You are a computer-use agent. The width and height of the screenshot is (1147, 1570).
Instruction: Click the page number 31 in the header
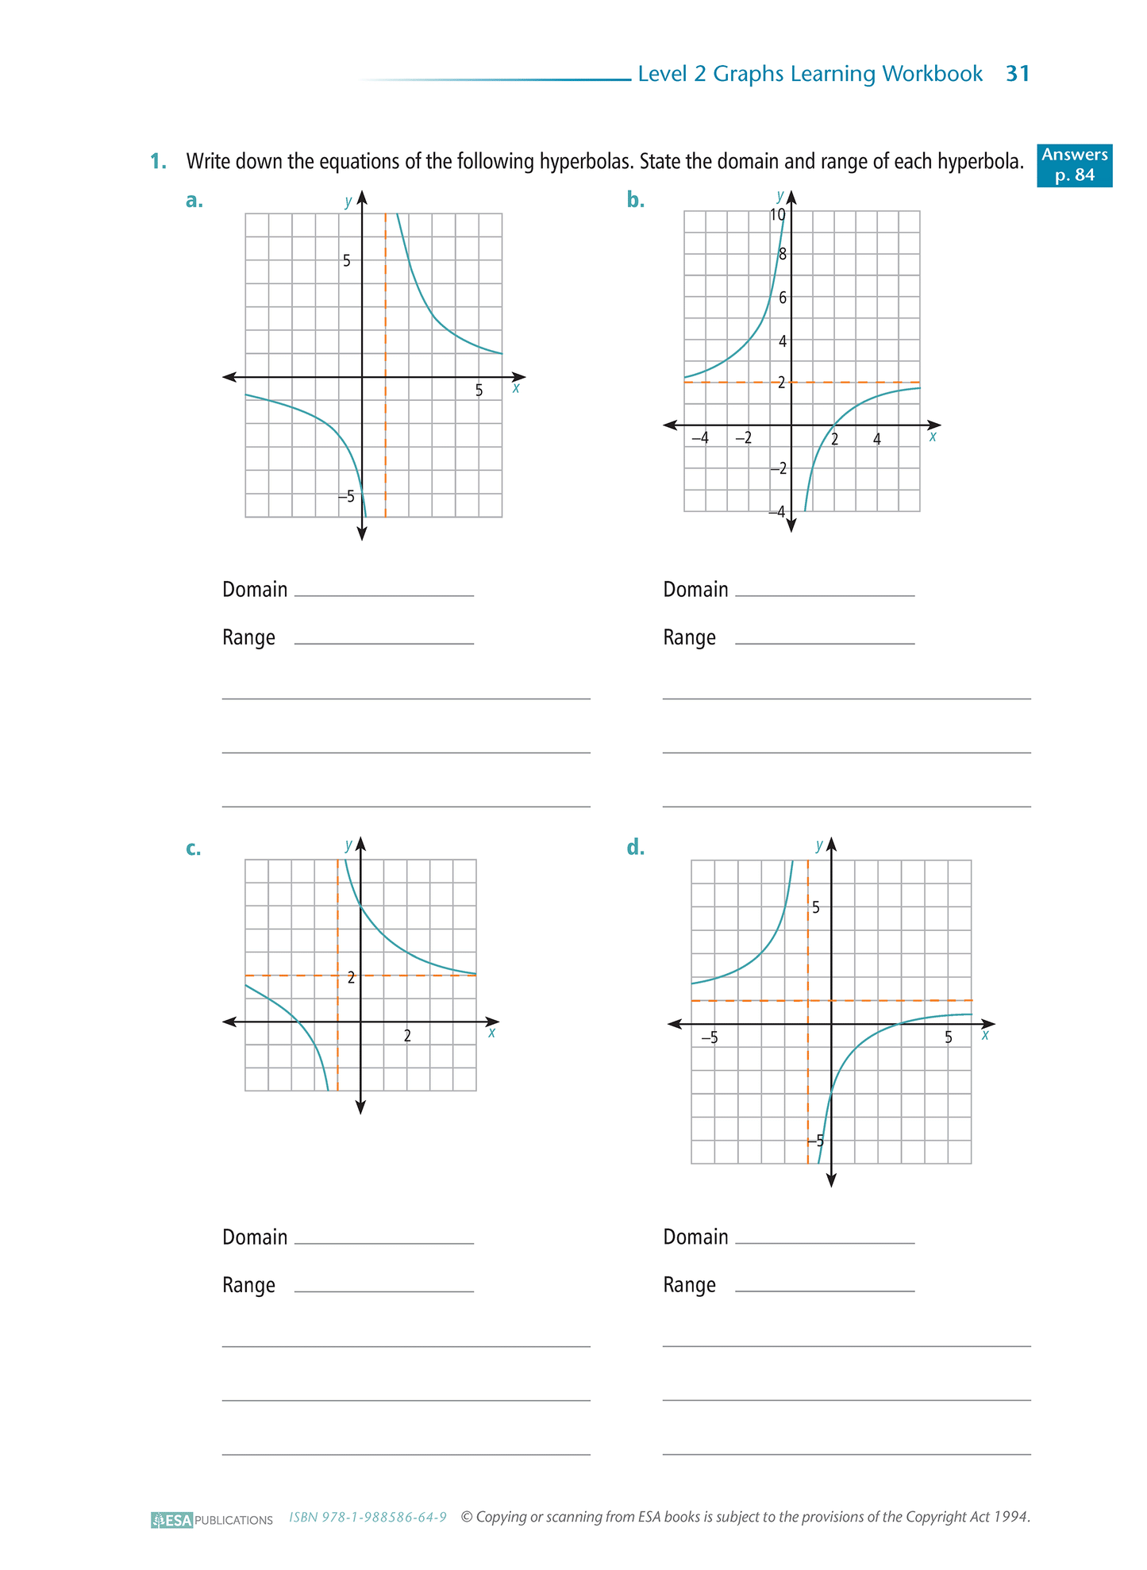pyautogui.click(x=1018, y=74)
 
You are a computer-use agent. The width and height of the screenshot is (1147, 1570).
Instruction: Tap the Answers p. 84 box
pyautogui.click(x=1074, y=165)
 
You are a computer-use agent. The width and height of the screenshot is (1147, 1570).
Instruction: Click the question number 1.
pyautogui.click(x=158, y=162)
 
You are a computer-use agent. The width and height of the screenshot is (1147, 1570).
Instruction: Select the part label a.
pyautogui.click(x=194, y=201)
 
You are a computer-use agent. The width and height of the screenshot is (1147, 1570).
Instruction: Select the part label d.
pyautogui.click(x=635, y=848)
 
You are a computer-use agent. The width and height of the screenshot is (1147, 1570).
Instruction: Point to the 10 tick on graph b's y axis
pyautogui.click(x=777, y=215)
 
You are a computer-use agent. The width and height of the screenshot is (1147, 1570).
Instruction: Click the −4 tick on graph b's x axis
pyautogui.click(x=699, y=438)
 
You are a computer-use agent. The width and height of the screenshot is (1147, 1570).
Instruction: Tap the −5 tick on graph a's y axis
pyautogui.click(x=346, y=497)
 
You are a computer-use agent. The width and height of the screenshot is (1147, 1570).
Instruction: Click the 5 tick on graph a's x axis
pyautogui.click(x=479, y=391)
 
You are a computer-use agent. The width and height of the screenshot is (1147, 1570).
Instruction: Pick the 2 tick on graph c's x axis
pyautogui.click(x=407, y=1036)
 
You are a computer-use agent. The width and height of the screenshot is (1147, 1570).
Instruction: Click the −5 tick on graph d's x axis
pyautogui.click(x=709, y=1037)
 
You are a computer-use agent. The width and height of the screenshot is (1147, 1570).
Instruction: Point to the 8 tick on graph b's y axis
pyautogui.click(x=783, y=255)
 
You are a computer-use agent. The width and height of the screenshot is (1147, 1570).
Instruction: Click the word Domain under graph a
pyautogui.click(x=255, y=590)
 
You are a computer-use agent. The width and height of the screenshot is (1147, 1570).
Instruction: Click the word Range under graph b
pyautogui.click(x=689, y=638)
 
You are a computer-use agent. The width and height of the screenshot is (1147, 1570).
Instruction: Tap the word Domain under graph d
pyautogui.click(x=695, y=1237)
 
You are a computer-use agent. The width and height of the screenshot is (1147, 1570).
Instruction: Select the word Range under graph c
pyautogui.click(x=248, y=1285)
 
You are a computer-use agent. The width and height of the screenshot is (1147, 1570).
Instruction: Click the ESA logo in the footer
pyautogui.click(x=172, y=1520)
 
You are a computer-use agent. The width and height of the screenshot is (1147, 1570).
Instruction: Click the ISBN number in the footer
pyautogui.click(x=368, y=1518)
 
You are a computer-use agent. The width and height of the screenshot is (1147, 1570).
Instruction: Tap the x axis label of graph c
pyautogui.click(x=492, y=1033)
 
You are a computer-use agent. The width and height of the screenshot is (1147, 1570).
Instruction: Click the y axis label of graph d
pyautogui.click(x=819, y=846)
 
